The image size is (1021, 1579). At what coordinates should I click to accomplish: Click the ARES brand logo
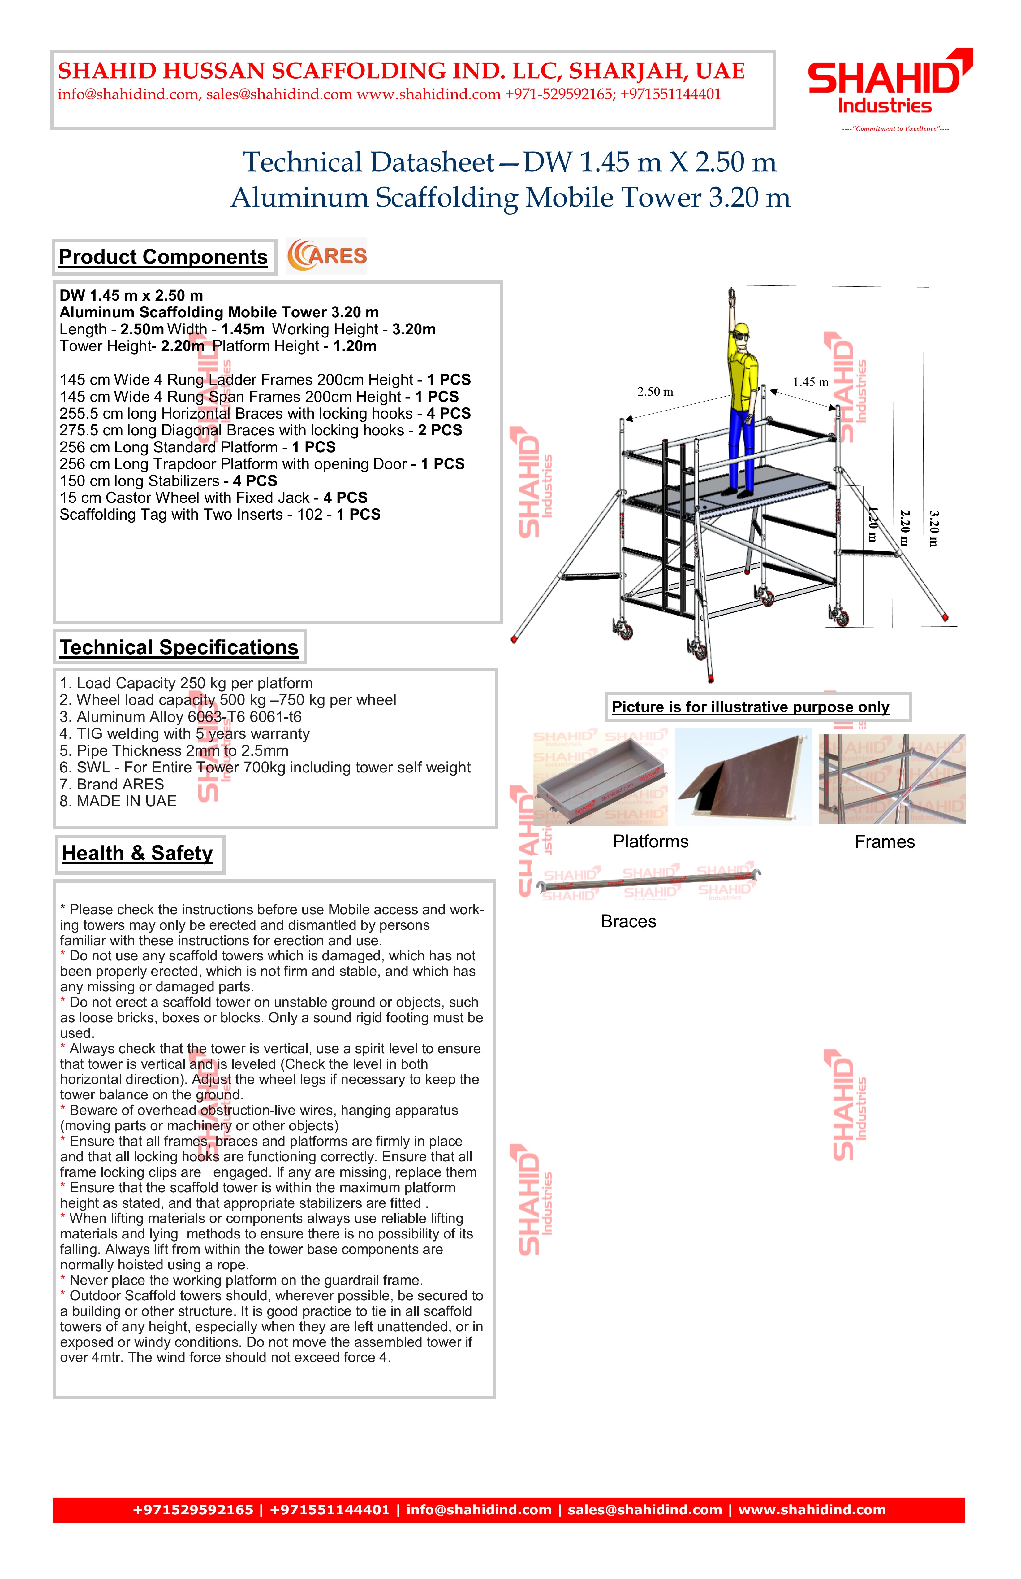tap(327, 256)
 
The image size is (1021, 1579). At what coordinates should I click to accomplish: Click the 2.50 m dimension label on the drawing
tap(655, 392)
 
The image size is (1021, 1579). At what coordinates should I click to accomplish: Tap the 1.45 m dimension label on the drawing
tap(810, 382)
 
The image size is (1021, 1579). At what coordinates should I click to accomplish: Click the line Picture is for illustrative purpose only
tap(751, 707)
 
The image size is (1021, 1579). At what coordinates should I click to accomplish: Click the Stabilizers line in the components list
tap(168, 481)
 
